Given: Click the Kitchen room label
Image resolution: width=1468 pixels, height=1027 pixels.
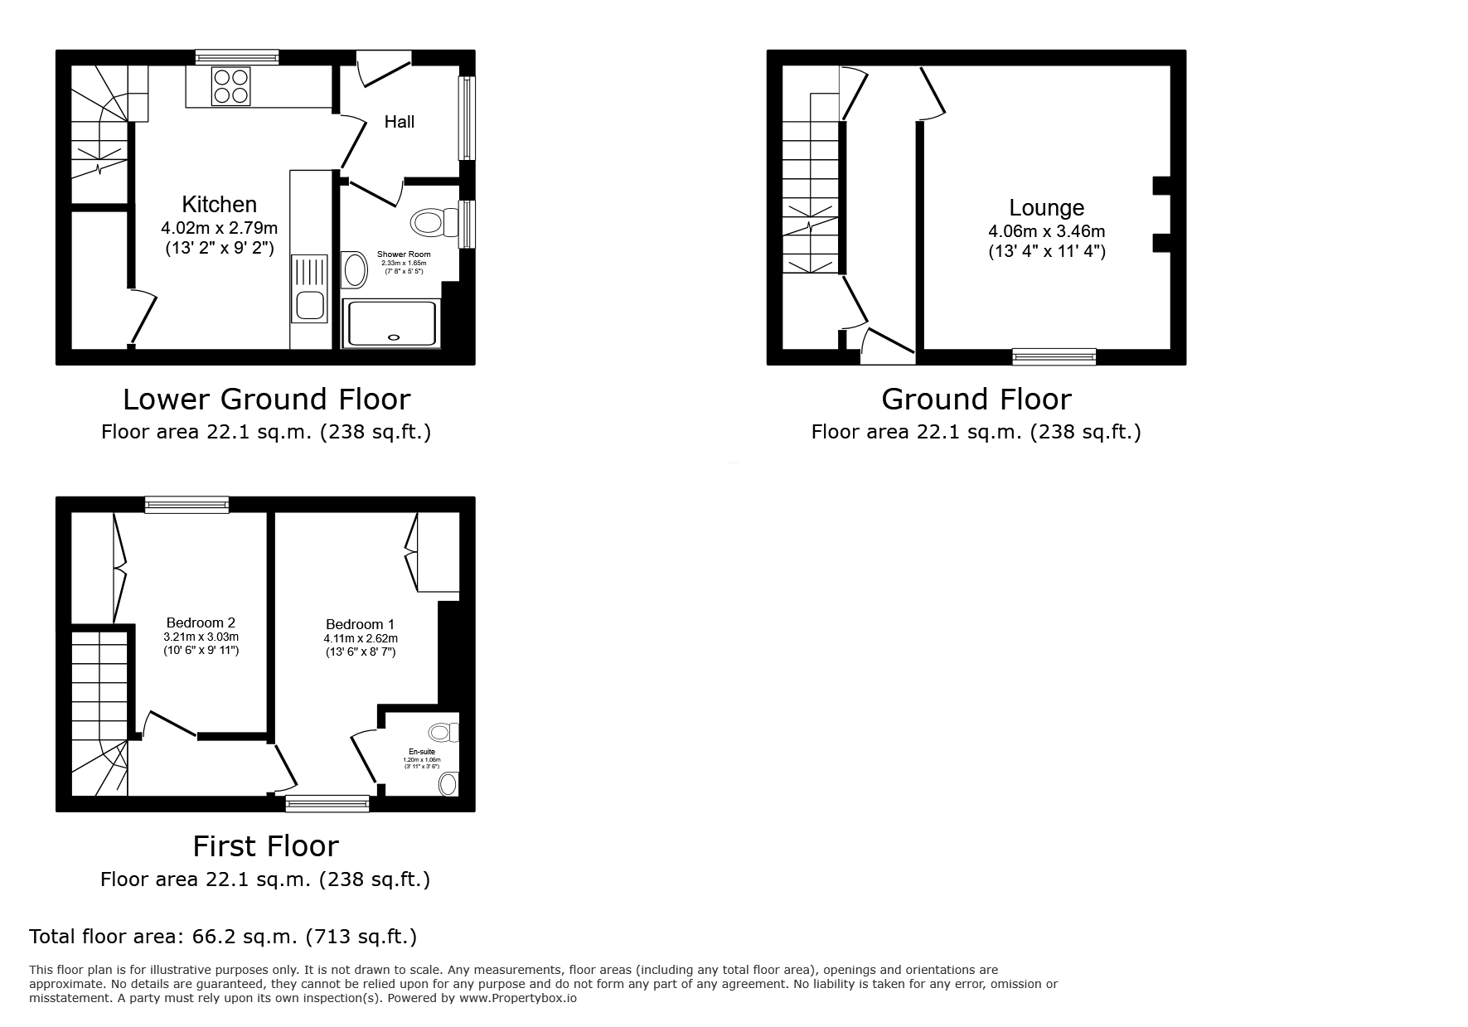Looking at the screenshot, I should [x=219, y=204].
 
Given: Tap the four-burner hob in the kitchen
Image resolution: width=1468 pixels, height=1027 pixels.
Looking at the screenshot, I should [x=231, y=86].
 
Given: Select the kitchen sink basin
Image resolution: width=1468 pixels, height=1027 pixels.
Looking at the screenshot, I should [x=310, y=305].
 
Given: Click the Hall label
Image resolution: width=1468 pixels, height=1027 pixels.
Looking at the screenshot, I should [x=399, y=122].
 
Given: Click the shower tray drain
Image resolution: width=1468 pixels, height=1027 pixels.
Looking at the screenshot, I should [x=393, y=337].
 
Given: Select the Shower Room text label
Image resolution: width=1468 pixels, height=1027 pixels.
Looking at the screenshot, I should [x=404, y=254].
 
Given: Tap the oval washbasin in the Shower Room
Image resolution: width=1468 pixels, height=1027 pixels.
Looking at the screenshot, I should [x=355, y=271].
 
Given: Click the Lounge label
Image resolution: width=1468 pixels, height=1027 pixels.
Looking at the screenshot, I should [x=1046, y=208].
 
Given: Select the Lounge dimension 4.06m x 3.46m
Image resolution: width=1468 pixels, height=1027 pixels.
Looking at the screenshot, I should [x=1046, y=232].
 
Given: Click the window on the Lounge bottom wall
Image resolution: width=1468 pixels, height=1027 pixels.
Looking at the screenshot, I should [x=1054, y=357].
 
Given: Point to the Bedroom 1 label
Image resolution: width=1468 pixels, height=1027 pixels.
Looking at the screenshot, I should [x=360, y=624].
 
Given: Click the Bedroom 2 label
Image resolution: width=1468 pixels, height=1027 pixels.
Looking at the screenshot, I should [x=201, y=622].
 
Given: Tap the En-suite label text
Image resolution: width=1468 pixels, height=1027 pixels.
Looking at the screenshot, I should [x=422, y=752].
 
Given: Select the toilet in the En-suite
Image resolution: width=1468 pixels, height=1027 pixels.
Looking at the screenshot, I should [x=442, y=732].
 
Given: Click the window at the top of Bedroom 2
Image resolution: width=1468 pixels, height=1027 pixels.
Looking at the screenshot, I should [x=187, y=504].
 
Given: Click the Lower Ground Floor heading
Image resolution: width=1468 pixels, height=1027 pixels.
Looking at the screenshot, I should [x=266, y=400].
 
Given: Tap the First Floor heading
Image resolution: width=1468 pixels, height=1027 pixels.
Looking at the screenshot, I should [x=265, y=846].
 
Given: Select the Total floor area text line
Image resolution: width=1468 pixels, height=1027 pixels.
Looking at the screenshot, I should [x=223, y=937].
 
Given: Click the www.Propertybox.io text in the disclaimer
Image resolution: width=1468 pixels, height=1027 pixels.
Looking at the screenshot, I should [x=518, y=998].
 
